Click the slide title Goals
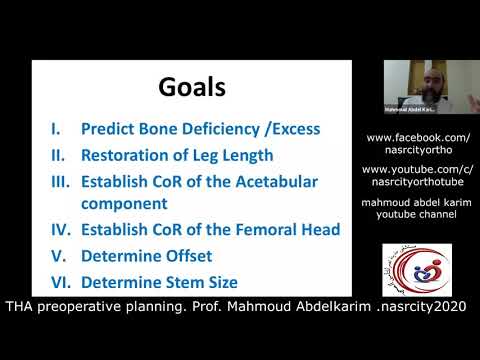click(x=191, y=88)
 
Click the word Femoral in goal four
click(x=234, y=229)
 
